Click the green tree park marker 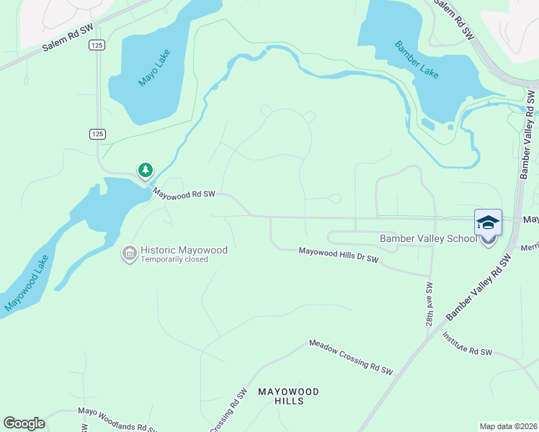click(x=146, y=170)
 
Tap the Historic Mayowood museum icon click(x=130, y=253)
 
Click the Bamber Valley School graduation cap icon click(x=488, y=222)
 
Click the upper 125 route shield click(x=97, y=45)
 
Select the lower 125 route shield click(x=98, y=134)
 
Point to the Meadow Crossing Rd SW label click(x=351, y=357)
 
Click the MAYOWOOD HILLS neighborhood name click(x=288, y=396)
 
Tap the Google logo click(x=24, y=423)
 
